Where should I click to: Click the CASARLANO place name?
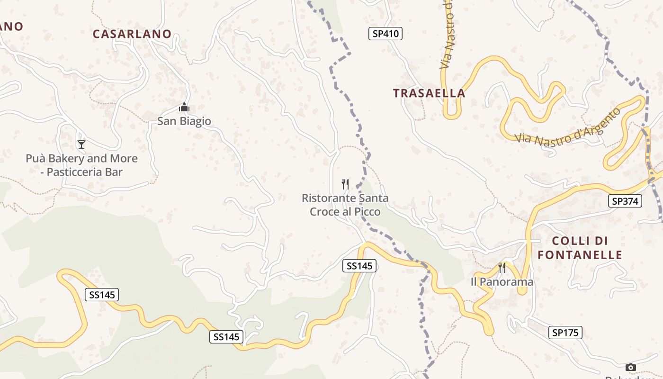tap(132, 34)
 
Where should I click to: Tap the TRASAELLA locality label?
tap(429, 93)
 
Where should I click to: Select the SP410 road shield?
tap(385, 34)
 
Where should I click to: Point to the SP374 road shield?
tap(625, 201)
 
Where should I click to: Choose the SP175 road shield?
tap(565, 333)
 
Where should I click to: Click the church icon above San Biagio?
tap(184, 108)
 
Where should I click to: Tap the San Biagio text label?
tap(184, 121)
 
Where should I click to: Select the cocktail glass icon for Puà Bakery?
tap(81, 144)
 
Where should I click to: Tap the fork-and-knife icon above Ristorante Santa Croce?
tap(345, 184)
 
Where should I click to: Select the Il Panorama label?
tap(502, 282)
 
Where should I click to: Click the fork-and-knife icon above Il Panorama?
tap(502, 268)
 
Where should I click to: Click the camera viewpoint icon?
tap(630, 367)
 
